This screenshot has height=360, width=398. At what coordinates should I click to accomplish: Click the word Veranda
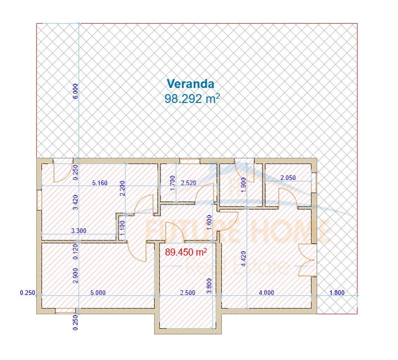point(190,83)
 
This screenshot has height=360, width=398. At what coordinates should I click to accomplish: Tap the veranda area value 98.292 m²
point(192,99)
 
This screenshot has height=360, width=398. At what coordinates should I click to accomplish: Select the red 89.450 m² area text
point(186,252)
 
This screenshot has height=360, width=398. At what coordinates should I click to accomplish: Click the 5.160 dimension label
point(100,183)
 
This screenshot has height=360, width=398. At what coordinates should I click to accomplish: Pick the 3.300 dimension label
point(79,231)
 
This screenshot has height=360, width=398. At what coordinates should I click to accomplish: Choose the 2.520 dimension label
point(188,183)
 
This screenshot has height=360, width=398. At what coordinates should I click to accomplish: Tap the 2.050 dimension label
point(288,178)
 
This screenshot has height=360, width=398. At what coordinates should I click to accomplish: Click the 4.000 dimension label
point(266,293)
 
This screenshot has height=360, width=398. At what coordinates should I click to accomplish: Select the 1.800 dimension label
point(336,293)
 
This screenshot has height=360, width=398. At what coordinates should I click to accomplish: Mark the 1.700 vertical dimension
point(173,183)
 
